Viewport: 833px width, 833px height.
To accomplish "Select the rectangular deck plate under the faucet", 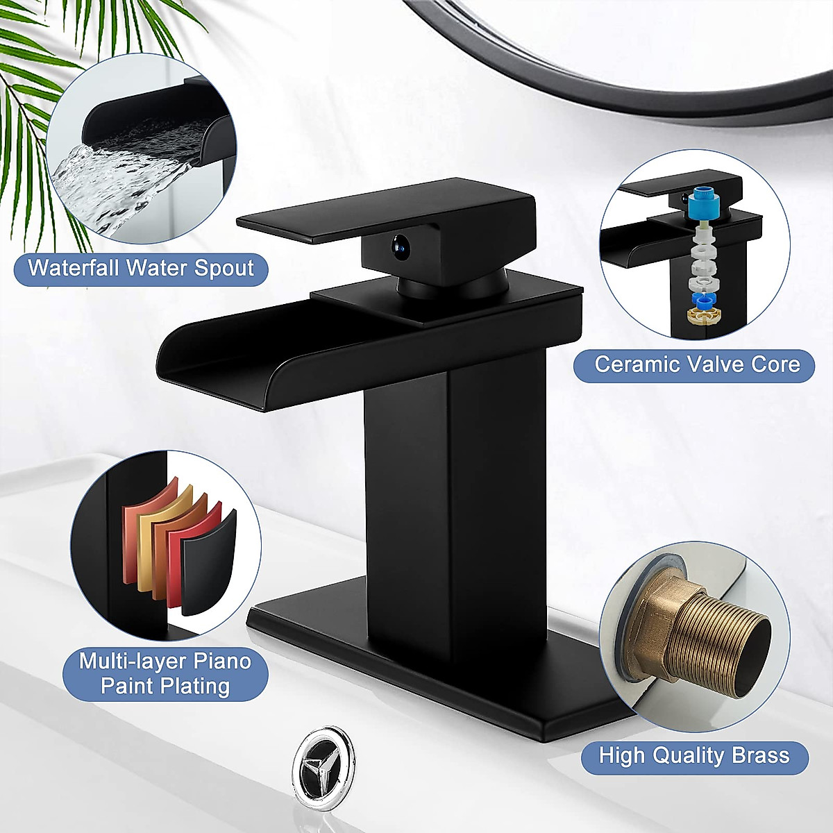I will pyautogui.click(x=444, y=666).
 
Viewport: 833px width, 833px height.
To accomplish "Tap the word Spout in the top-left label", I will pyautogui.click(x=219, y=268).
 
